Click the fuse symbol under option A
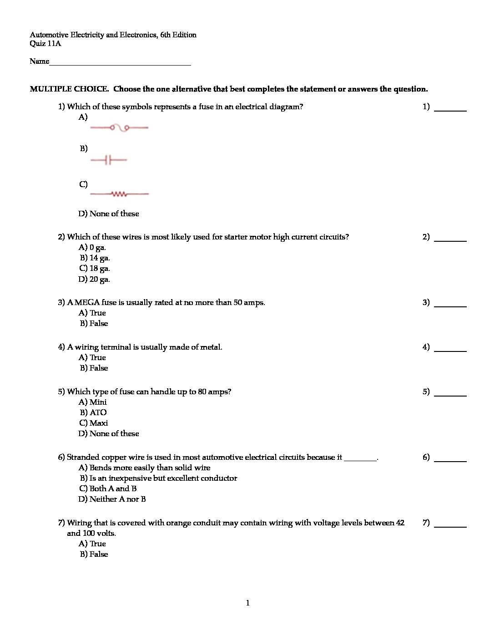click(x=119, y=128)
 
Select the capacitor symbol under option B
click(x=108, y=160)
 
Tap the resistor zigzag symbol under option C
click(x=119, y=194)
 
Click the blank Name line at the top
click(x=120, y=62)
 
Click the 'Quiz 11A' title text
click(x=45, y=44)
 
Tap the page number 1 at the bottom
click(x=247, y=603)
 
